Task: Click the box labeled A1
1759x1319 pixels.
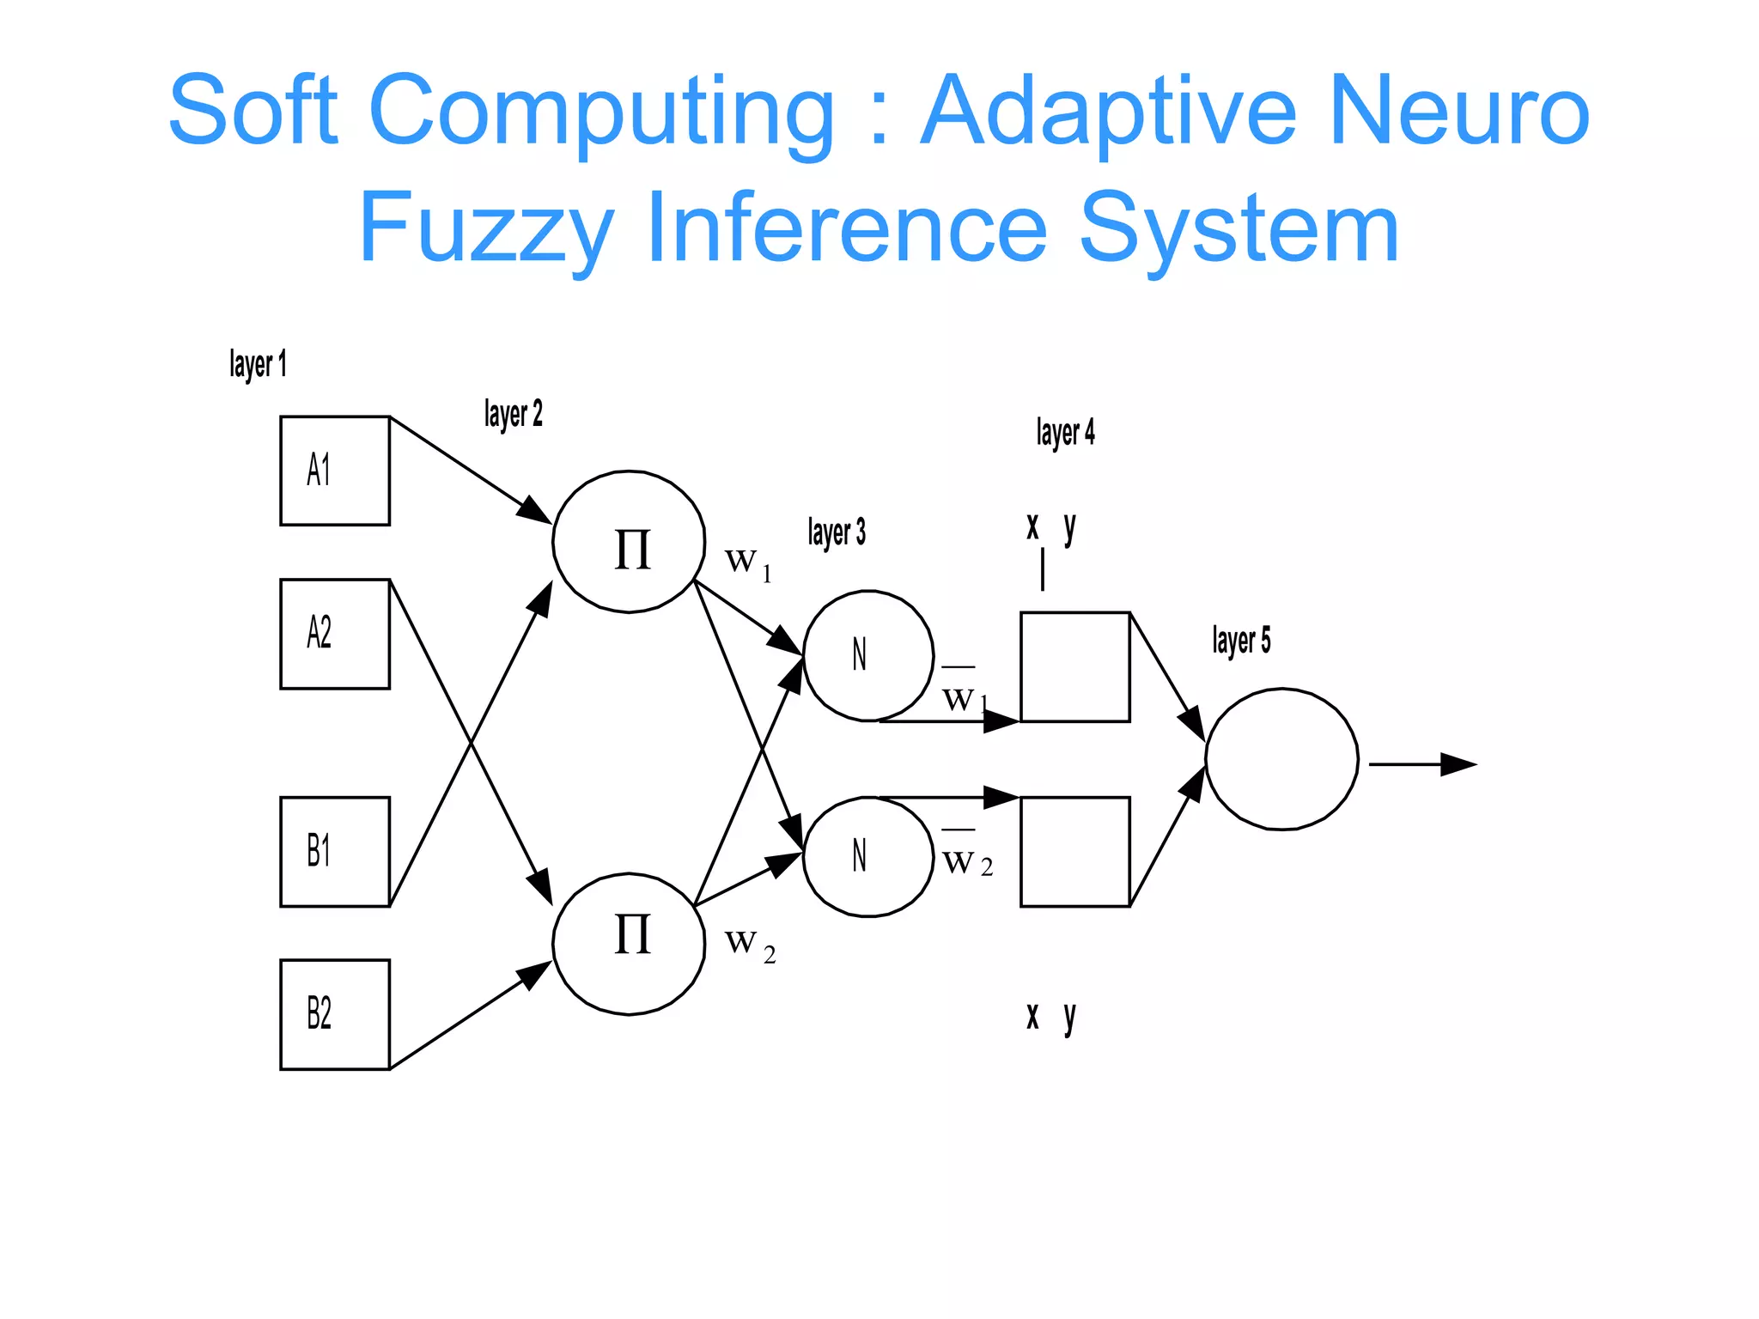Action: (x=335, y=471)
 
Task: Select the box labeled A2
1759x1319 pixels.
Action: (x=335, y=634)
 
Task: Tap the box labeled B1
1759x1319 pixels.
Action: (x=335, y=851)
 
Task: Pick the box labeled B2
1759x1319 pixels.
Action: (x=335, y=1014)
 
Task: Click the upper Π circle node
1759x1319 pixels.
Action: (x=629, y=542)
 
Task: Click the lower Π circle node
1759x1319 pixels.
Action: (x=629, y=944)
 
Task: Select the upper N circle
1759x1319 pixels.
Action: (x=867, y=655)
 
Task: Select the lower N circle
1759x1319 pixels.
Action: (x=867, y=856)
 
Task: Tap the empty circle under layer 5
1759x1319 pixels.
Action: (x=1281, y=759)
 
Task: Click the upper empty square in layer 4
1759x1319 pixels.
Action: (x=1074, y=667)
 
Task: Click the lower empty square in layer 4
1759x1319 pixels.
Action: (x=1074, y=851)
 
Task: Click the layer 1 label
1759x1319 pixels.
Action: (x=258, y=364)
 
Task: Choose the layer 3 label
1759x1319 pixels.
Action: (x=837, y=532)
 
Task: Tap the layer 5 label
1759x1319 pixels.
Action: (x=1241, y=641)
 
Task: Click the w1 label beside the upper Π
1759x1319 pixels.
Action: (x=748, y=563)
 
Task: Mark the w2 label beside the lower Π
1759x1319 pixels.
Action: (x=750, y=945)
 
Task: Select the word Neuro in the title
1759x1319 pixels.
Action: (x=1459, y=111)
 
